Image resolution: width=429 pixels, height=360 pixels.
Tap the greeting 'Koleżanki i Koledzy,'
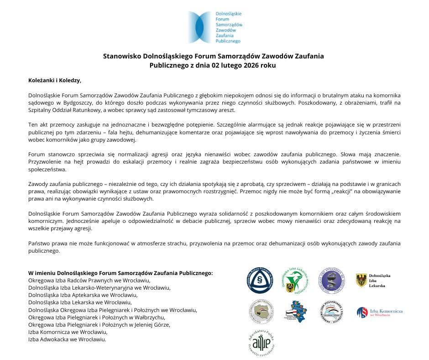pyautogui.click(x=55, y=80)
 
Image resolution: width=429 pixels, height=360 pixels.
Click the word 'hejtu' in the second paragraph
pyautogui.click(x=126, y=132)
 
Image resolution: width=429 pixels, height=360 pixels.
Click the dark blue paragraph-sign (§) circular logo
pyautogui.click(x=260, y=280)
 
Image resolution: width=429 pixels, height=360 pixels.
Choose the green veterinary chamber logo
pyautogui.click(x=295, y=280)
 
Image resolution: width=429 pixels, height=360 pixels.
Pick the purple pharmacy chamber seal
pyautogui.click(x=331, y=280)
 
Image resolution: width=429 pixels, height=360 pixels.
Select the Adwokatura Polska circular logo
pyautogui.click(x=260, y=342)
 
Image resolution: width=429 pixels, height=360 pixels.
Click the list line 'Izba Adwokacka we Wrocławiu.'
pyautogui.click(x=67, y=339)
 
